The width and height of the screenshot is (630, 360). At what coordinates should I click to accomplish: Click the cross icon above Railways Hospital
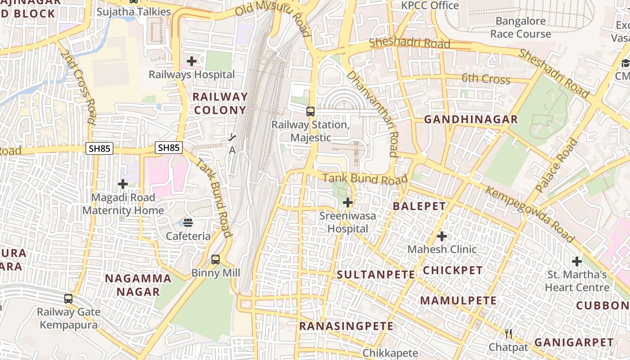click(x=192, y=61)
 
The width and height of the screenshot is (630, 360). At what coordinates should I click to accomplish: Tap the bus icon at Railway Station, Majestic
click(x=310, y=112)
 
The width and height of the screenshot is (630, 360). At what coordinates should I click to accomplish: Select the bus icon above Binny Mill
click(x=216, y=259)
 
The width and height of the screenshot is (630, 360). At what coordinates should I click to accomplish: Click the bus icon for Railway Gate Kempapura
click(x=68, y=298)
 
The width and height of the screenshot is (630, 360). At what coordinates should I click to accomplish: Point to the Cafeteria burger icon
click(x=188, y=222)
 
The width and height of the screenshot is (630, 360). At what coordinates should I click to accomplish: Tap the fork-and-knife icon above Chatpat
click(x=508, y=333)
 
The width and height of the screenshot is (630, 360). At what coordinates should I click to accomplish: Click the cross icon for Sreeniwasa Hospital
click(x=347, y=202)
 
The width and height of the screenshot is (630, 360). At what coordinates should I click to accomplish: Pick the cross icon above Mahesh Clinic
click(x=442, y=236)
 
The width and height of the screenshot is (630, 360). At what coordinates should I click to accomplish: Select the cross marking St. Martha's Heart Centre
click(x=576, y=261)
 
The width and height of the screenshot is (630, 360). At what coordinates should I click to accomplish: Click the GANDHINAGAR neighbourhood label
click(x=471, y=119)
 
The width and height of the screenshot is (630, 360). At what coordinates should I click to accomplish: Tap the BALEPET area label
click(x=419, y=206)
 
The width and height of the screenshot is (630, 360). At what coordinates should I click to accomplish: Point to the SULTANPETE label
click(x=375, y=274)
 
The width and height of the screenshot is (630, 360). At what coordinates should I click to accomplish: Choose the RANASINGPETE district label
click(x=346, y=326)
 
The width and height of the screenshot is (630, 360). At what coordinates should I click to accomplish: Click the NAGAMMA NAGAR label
click(x=138, y=285)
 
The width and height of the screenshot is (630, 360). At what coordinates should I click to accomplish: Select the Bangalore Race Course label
click(x=521, y=27)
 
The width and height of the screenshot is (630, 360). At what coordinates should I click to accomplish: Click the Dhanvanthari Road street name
click(x=373, y=114)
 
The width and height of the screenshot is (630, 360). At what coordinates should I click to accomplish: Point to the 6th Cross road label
click(x=486, y=79)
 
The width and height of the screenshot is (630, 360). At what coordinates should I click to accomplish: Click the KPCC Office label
click(x=430, y=5)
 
